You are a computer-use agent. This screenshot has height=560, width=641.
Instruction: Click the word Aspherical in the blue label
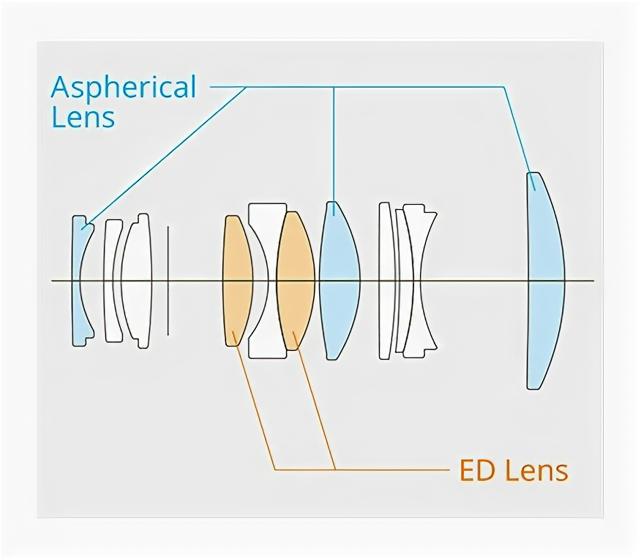pyautogui.click(x=124, y=88)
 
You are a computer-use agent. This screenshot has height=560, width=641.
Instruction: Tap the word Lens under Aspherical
pyautogui.click(x=83, y=117)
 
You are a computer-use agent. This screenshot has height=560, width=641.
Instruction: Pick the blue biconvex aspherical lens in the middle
pyautogui.click(x=340, y=281)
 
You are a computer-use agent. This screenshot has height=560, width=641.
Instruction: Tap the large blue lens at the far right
pyautogui.click(x=544, y=281)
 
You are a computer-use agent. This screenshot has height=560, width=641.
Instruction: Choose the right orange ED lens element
pyautogui.click(x=295, y=281)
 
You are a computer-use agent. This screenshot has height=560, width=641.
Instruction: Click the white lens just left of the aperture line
pyautogui.click(x=137, y=281)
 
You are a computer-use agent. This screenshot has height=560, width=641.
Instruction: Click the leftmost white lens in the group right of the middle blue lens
pyautogui.click(x=386, y=281)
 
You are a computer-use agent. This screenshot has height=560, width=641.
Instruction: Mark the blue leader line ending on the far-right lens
pyautogui.click(x=516, y=132)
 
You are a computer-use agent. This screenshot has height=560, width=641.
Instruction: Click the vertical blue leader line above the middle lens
pyautogui.click(x=334, y=146)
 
